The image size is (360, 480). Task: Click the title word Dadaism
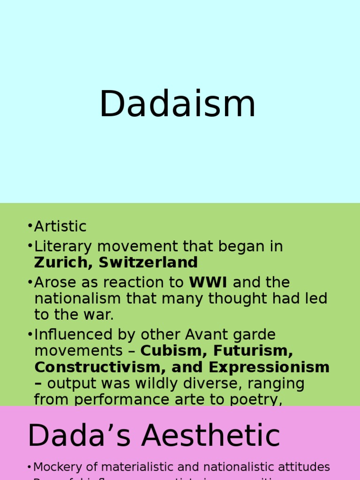click(x=177, y=104)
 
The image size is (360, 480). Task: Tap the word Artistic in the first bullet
click(x=60, y=226)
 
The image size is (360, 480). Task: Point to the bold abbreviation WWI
click(x=208, y=283)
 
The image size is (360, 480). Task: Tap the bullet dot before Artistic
click(x=30, y=226)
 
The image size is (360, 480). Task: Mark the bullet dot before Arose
click(x=30, y=283)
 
